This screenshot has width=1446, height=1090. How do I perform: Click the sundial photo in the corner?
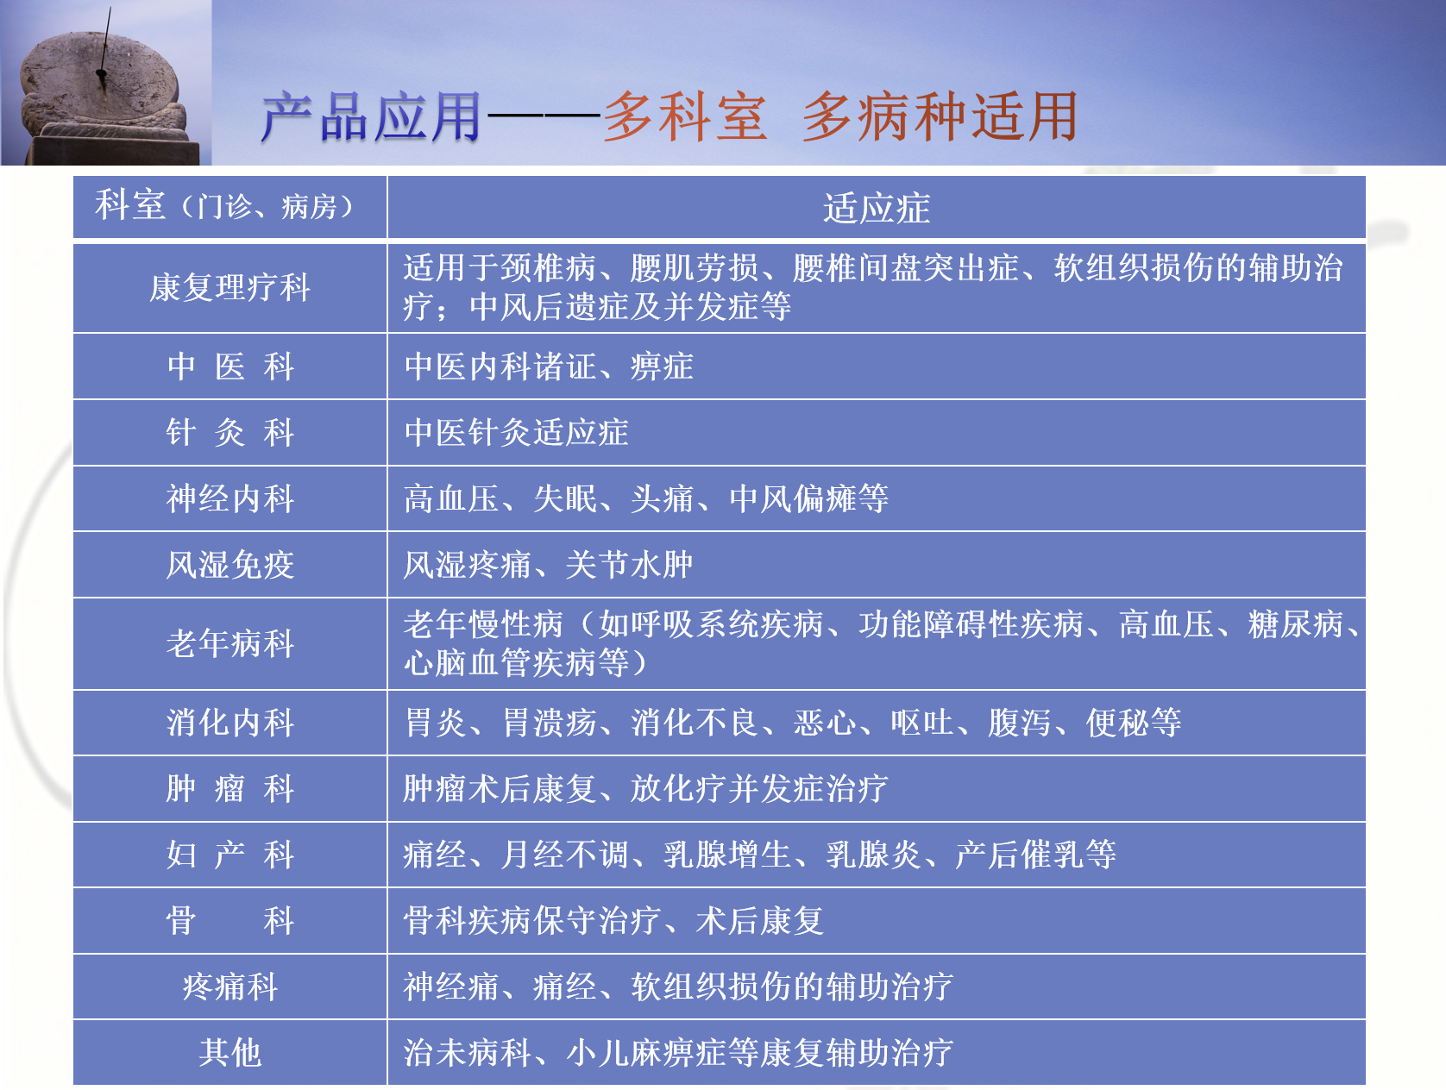[x=105, y=82]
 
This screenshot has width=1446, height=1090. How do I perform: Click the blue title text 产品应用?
[x=372, y=117]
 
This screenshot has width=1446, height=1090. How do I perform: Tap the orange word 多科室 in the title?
[x=686, y=117]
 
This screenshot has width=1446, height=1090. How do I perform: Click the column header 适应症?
[x=877, y=208]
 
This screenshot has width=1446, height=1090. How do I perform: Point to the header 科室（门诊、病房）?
[x=224, y=205]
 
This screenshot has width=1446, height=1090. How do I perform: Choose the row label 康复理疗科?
[x=229, y=288]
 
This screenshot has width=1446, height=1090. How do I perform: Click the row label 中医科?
[x=229, y=366]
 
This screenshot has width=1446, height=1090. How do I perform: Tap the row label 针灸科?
[x=229, y=432]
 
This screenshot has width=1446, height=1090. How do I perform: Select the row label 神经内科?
[x=229, y=498]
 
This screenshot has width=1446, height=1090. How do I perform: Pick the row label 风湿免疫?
[x=229, y=565]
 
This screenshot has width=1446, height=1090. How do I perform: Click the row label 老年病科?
[x=229, y=643]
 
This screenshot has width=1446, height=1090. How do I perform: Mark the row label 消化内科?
[x=229, y=723]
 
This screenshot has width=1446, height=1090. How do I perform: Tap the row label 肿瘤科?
[x=229, y=788]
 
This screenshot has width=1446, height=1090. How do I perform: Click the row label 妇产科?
[x=229, y=855]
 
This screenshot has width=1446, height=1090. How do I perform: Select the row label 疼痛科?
[x=229, y=987]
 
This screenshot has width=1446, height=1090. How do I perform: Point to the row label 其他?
[x=229, y=1052]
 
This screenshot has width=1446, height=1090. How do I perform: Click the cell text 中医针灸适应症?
[x=516, y=432]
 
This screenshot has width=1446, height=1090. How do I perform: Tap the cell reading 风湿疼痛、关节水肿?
[x=548, y=565]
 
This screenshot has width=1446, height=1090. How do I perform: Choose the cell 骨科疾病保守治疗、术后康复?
[x=613, y=920]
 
